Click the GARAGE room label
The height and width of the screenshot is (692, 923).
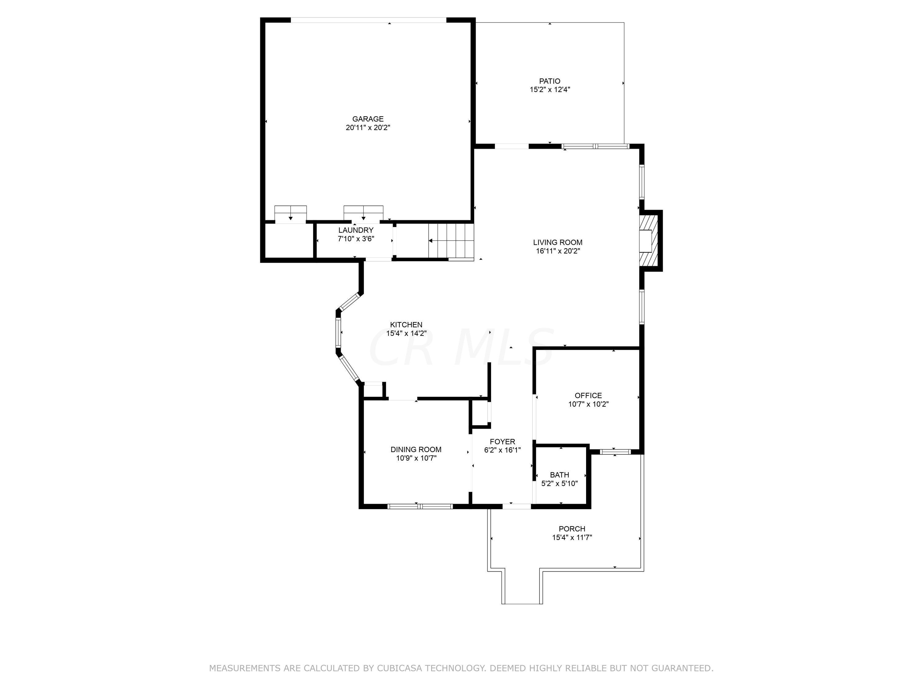[368, 119]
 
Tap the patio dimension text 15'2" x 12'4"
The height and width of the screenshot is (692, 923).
[549, 89]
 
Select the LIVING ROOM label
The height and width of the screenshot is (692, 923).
[557, 242]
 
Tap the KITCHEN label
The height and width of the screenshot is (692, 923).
[406, 324]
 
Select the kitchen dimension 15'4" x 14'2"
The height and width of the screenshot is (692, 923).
[406, 333]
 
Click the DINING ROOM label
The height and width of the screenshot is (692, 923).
[416, 449]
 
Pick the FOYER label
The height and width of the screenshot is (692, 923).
[502, 441]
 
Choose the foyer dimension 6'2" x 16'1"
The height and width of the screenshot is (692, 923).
[502, 450]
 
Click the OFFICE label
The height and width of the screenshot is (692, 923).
[588, 396]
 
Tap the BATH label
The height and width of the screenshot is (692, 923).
[559, 475]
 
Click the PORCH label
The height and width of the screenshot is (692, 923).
[572, 528]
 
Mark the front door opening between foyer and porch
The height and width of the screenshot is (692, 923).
[517, 506]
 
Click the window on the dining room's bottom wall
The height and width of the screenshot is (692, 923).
[420, 506]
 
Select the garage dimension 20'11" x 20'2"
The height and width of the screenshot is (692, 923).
[368, 128]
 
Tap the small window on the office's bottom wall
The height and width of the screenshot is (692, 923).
[615, 451]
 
